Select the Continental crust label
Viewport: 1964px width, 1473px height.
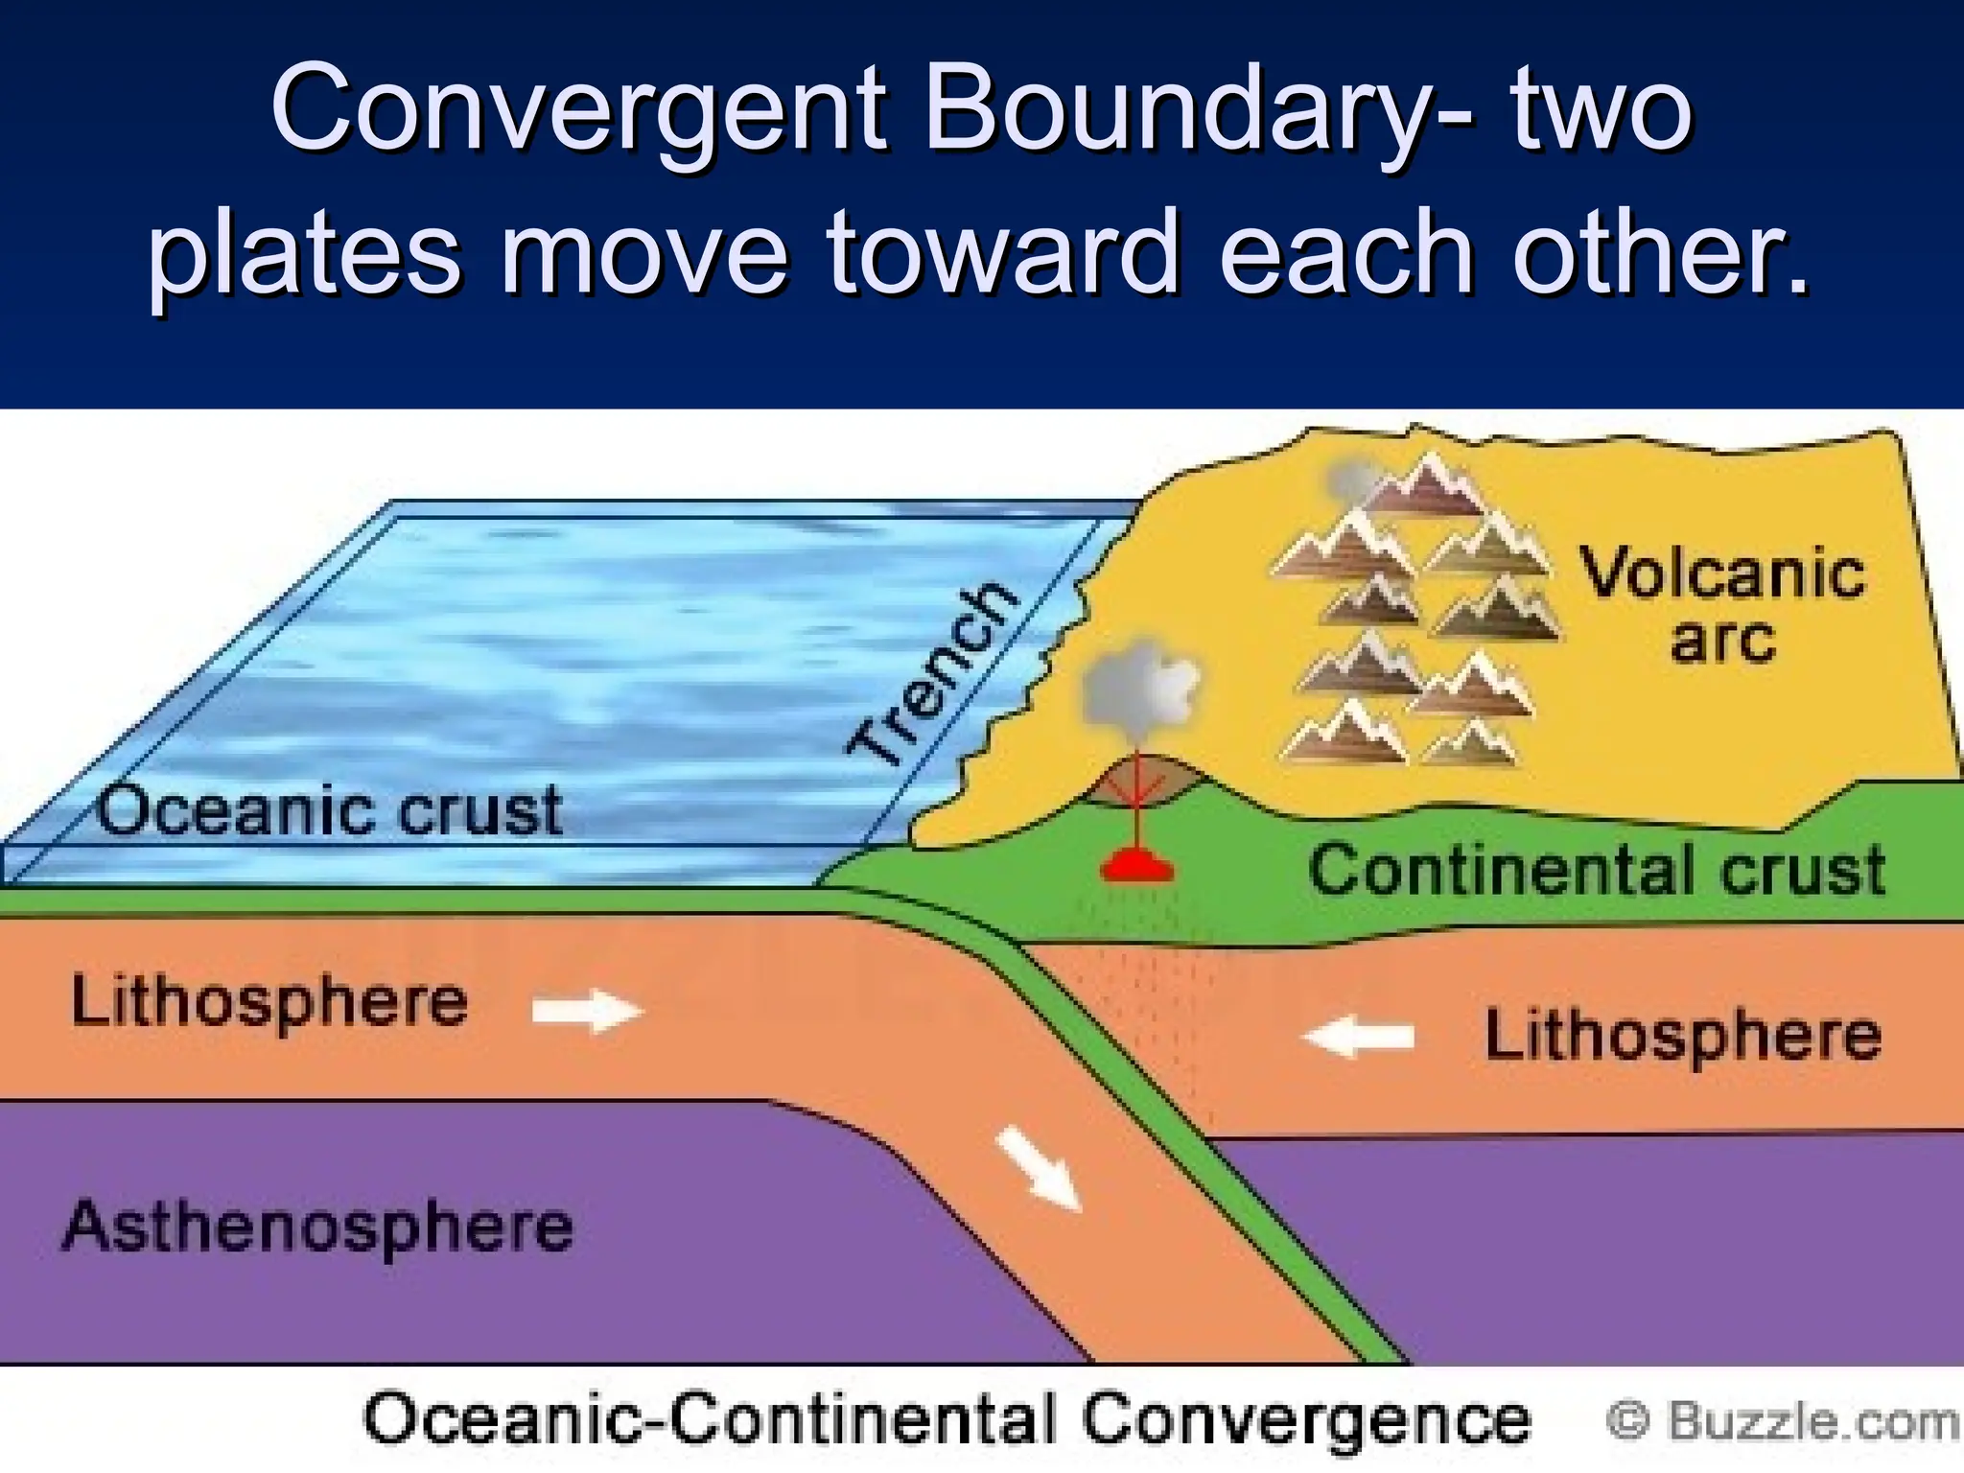[x=1597, y=871]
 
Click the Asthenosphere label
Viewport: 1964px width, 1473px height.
[x=317, y=1227]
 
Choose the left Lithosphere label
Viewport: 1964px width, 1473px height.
[x=269, y=1003]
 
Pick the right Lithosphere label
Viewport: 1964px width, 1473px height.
[x=1683, y=1037]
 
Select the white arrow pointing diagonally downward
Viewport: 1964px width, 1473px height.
[x=1039, y=1168]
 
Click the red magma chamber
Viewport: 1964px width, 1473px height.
[x=1137, y=867]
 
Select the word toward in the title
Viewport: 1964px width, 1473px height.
[x=1002, y=254]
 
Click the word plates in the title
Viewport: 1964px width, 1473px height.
[x=305, y=254]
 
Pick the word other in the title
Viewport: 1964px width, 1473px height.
[x=1659, y=254]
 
